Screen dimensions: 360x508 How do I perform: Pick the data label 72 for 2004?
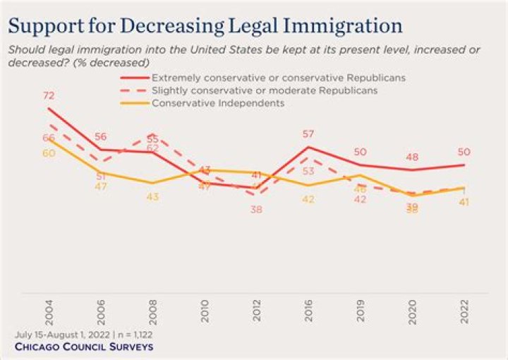click(x=49, y=95)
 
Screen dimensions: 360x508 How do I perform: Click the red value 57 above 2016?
click(x=308, y=133)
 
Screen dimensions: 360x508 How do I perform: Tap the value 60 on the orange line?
click(x=49, y=153)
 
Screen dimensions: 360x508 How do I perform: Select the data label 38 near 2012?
click(x=256, y=210)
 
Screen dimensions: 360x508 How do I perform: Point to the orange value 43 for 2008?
click(x=153, y=197)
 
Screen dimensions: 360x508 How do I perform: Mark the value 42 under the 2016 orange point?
click(x=308, y=200)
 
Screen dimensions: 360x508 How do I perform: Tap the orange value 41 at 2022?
click(x=464, y=203)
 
